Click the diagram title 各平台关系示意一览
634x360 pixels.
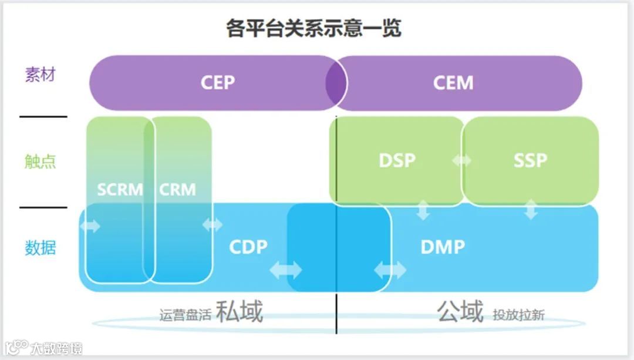(314, 28)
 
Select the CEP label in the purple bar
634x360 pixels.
(218, 82)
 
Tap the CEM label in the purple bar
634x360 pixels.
(453, 82)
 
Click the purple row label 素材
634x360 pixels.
(40, 75)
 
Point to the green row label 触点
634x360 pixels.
(40, 162)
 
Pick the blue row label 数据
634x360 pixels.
(40, 247)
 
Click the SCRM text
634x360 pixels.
(120, 190)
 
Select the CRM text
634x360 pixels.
(177, 190)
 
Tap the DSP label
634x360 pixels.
(397, 160)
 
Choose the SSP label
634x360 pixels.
(530, 160)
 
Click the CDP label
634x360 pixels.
(248, 247)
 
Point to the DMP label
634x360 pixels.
(443, 247)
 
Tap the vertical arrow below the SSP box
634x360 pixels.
(531, 210)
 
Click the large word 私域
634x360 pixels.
(239, 312)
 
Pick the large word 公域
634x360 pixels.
(460, 311)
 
